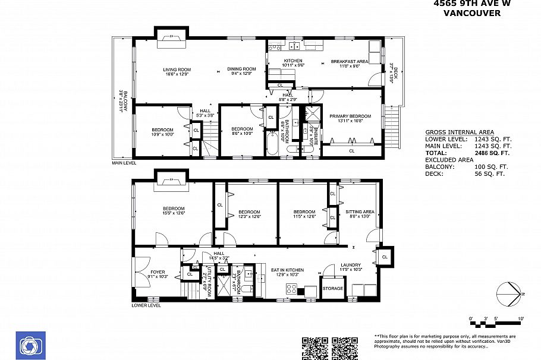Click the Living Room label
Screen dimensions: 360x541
click(177, 70)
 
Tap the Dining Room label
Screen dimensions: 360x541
click(241, 70)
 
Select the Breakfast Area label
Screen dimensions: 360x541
click(350, 61)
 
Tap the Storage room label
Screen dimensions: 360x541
click(333, 288)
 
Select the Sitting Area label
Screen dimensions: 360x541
click(360, 211)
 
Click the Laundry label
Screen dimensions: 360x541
click(351, 266)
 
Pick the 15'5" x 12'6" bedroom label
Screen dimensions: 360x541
click(174, 209)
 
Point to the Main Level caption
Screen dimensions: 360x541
click(124, 163)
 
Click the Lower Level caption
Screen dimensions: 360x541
click(146, 306)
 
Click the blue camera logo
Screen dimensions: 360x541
click(31, 346)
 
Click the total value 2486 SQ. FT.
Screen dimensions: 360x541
click(490, 153)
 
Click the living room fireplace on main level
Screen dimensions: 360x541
click(172, 41)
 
